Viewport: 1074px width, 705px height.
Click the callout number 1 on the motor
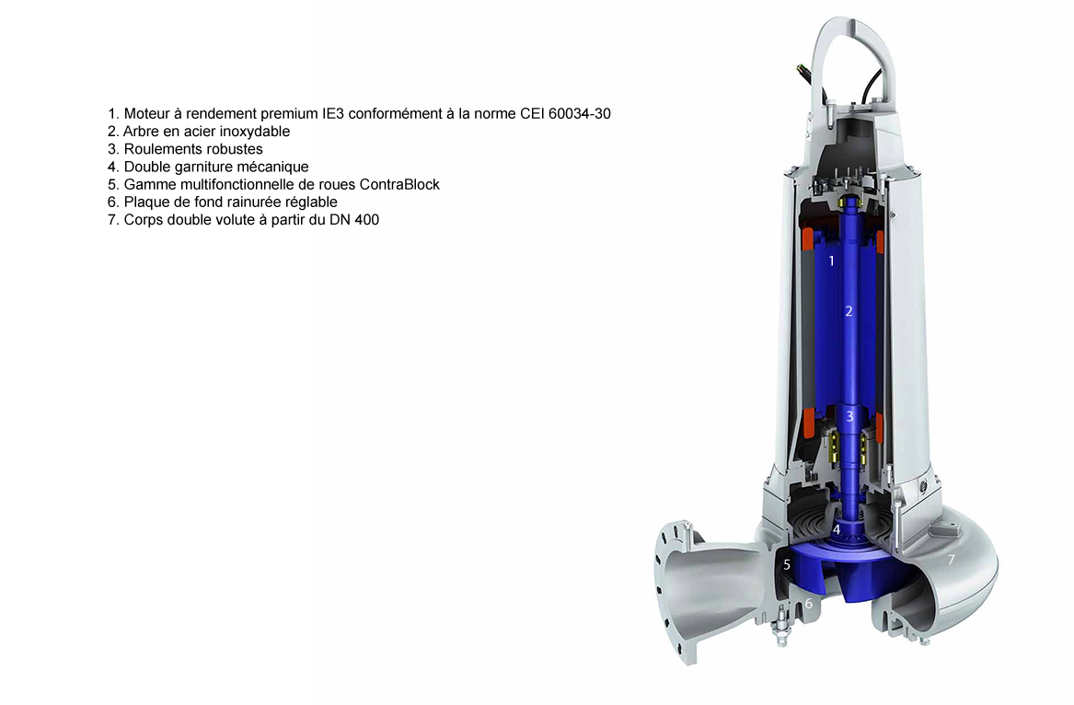[x=832, y=261]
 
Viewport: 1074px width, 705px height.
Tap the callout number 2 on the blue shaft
[x=849, y=312]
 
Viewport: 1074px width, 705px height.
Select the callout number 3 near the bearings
[x=849, y=417]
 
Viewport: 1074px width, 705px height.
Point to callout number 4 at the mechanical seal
[x=837, y=529]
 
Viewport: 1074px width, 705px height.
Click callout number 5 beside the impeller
[x=787, y=564]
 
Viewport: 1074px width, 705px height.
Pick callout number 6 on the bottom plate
[x=809, y=604]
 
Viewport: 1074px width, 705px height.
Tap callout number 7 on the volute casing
[x=951, y=560]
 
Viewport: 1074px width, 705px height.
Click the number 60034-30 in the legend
[x=580, y=114]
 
